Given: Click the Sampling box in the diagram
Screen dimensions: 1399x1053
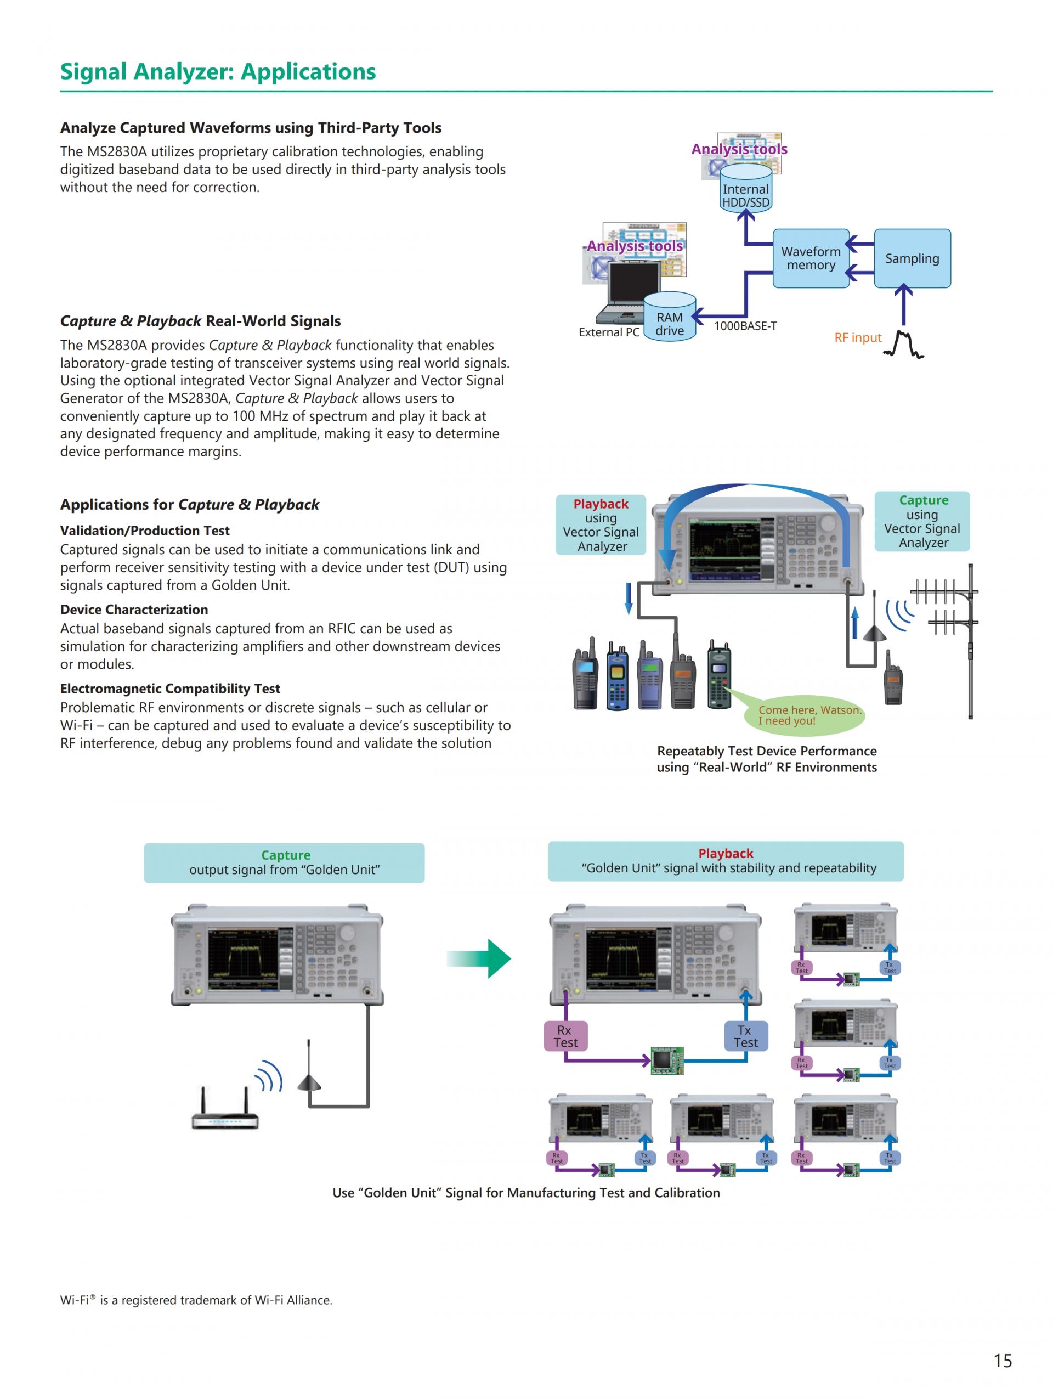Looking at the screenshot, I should [x=912, y=258].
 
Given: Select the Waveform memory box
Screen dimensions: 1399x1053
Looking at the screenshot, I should [x=810, y=258].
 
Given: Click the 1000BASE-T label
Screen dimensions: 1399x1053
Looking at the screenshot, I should [x=745, y=326].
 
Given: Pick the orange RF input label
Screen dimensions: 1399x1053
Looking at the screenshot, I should [x=857, y=338].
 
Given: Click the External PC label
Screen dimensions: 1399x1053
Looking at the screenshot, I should [x=609, y=332].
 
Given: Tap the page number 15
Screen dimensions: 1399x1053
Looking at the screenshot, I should [x=1003, y=1361].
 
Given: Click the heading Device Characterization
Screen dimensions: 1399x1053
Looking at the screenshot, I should [x=134, y=610].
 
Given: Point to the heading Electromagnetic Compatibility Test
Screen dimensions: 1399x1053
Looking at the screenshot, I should [x=170, y=689].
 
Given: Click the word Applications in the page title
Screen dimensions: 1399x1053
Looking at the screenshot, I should [x=308, y=72].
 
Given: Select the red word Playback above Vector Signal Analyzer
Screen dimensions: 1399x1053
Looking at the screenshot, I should [x=601, y=504].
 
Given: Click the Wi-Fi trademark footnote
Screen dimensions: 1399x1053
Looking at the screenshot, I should [x=196, y=1300].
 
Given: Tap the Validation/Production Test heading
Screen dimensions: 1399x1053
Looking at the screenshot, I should [x=145, y=531].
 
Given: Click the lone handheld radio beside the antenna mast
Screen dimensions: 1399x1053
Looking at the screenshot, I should [x=892, y=678].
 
